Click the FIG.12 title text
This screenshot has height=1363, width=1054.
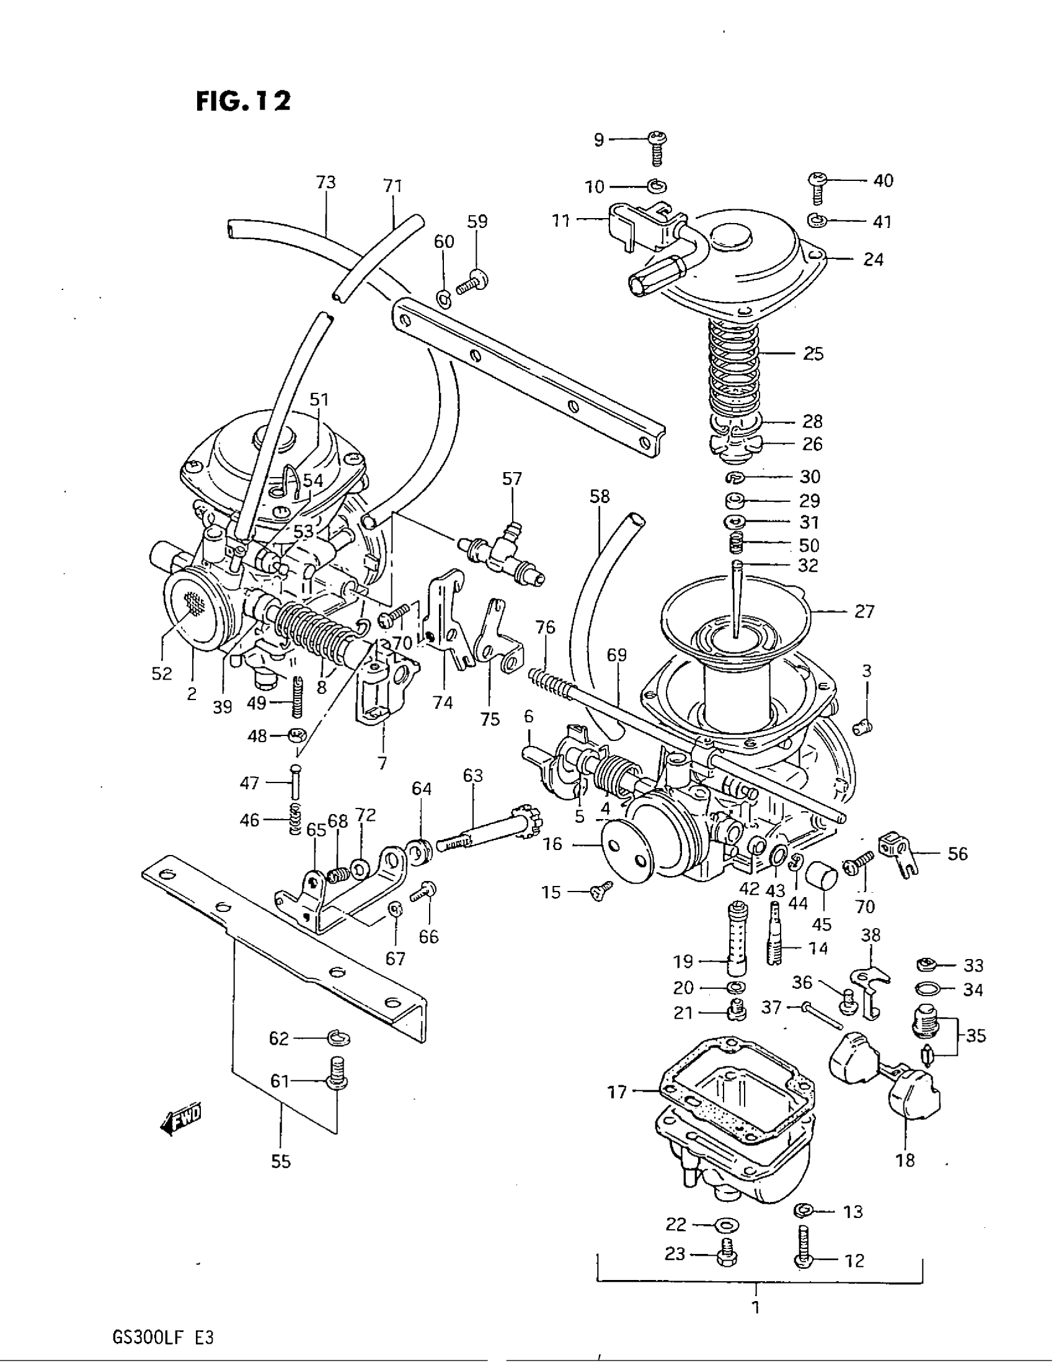click(243, 100)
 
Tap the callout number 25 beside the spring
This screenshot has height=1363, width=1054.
click(813, 354)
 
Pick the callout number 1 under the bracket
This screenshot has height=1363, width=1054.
click(756, 1306)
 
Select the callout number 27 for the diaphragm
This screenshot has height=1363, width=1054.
click(864, 611)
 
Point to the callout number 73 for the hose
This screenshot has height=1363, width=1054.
click(326, 182)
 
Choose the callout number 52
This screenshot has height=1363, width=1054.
click(162, 673)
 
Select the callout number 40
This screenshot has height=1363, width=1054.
click(882, 181)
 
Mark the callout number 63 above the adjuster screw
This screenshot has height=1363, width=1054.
click(473, 775)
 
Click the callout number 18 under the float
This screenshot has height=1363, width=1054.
click(905, 1160)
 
